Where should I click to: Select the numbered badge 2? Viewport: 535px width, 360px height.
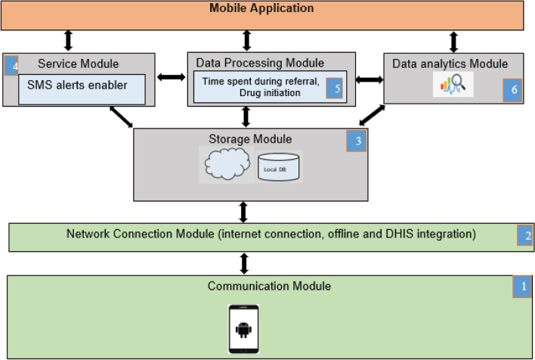click(x=525, y=235)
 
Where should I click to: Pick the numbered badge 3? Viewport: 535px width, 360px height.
click(x=356, y=141)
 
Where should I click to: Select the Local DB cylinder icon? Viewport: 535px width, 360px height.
click(x=280, y=166)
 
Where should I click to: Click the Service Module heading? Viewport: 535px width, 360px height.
click(x=79, y=64)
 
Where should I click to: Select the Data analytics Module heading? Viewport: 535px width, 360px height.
click(x=450, y=64)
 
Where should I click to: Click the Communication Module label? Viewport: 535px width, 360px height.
click(x=269, y=286)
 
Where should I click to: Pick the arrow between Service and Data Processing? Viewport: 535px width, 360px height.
click(x=172, y=76)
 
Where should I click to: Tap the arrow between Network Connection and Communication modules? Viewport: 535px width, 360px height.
click(x=244, y=263)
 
